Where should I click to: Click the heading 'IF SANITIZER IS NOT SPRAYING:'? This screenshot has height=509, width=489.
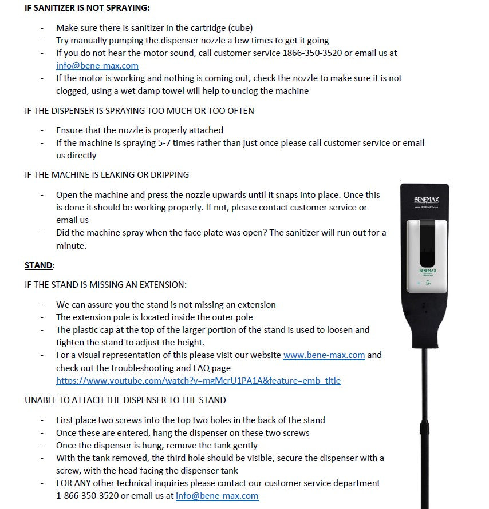pos(87,9)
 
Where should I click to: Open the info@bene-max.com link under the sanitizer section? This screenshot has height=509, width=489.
pos(97,65)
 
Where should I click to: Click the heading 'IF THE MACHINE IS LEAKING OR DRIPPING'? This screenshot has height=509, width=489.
pos(107,174)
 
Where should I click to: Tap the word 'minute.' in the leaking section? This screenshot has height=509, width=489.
pos(71,245)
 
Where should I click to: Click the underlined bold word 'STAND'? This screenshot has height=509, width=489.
pos(38,265)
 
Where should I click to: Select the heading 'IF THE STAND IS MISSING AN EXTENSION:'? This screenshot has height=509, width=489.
pos(105,284)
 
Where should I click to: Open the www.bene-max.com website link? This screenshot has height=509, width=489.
pos(324,355)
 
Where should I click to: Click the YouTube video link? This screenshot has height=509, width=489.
pos(198,380)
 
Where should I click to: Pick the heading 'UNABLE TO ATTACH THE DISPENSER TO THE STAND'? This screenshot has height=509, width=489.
pos(125,400)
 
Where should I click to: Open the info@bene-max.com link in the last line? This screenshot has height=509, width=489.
pos(216,496)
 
